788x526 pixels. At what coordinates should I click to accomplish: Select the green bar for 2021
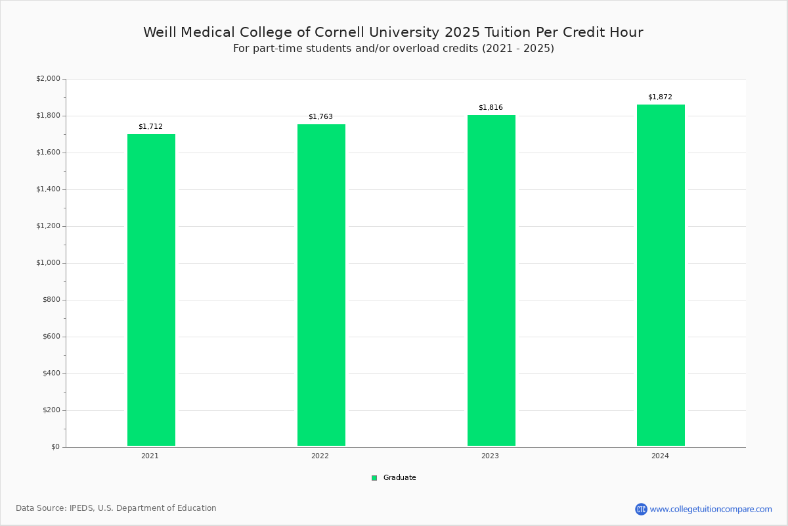click(x=151, y=290)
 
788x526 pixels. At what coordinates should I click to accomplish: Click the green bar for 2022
click(x=321, y=285)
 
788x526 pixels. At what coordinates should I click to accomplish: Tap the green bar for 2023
click(x=491, y=281)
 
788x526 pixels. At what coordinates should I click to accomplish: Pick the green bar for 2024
click(x=661, y=275)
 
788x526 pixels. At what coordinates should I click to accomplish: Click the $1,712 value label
click(x=150, y=126)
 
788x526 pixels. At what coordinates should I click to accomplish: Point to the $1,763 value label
click(x=320, y=116)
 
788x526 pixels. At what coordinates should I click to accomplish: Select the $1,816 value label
click(x=491, y=107)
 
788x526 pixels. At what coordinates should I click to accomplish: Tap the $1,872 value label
click(x=661, y=97)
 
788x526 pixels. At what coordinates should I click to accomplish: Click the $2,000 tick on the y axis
click(x=48, y=78)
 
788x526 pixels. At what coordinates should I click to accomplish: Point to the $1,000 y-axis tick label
click(x=48, y=263)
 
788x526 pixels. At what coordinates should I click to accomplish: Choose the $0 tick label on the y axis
click(x=56, y=447)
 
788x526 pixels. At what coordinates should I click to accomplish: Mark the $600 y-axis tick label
click(x=51, y=337)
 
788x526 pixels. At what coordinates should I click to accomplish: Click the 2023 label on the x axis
click(x=490, y=456)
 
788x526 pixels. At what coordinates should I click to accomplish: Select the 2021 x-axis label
click(x=150, y=456)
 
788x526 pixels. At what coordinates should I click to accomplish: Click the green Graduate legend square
click(x=374, y=478)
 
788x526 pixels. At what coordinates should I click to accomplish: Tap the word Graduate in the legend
click(x=400, y=478)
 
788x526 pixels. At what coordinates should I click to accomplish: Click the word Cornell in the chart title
click(x=339, y=32)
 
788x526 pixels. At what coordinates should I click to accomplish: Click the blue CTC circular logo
click(x=641, y=509)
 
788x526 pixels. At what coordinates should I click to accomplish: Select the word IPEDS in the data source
click(x=82, y=508)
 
